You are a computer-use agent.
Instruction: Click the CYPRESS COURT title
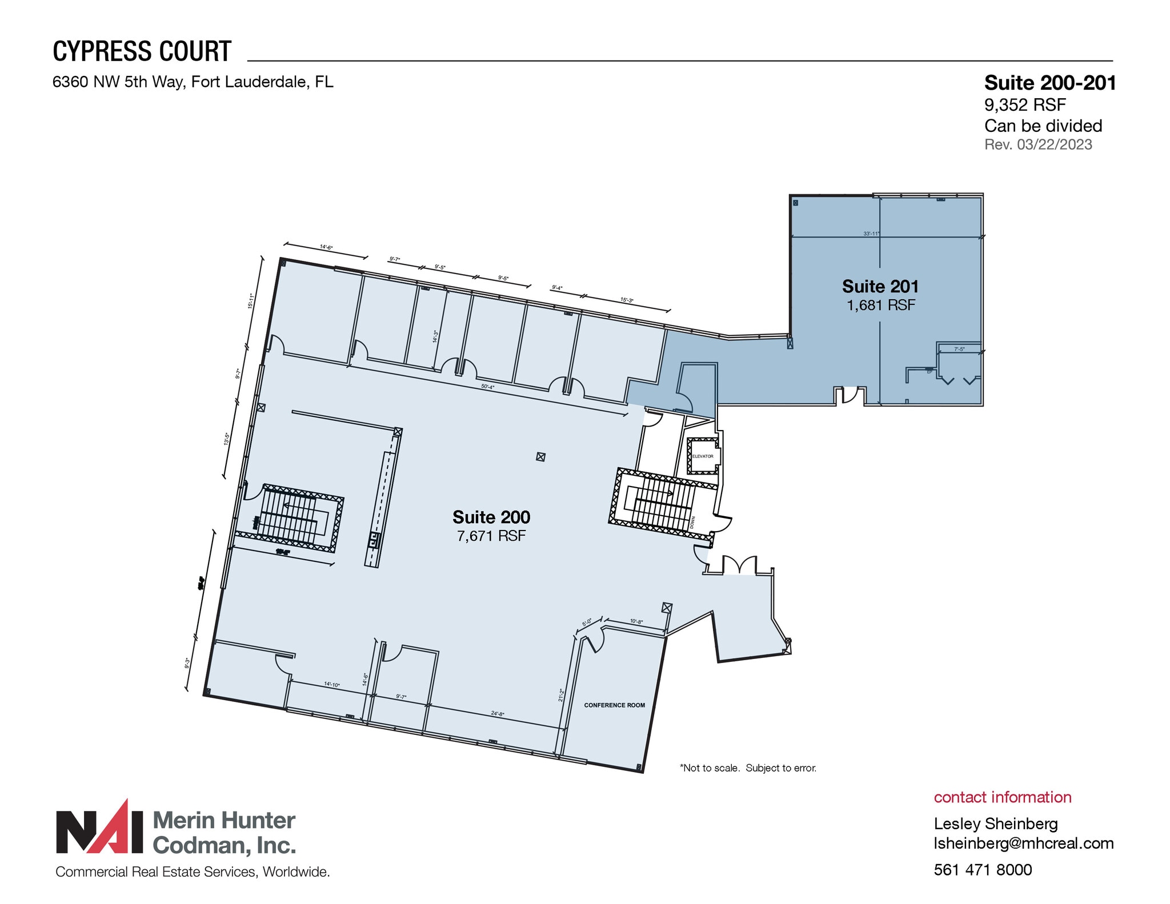coord(142,51)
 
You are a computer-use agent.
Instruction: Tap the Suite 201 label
coord(880,286)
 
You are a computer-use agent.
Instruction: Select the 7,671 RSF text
coord(491,536)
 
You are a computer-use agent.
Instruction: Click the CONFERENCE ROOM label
coord(614,705)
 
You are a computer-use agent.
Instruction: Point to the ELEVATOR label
coord(703,456)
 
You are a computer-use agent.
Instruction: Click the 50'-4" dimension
coord(487,387)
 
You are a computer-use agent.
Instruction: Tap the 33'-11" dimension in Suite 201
coord(871,234)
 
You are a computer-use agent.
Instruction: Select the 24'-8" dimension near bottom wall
coord(498,714)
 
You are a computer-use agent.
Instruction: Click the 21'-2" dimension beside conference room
coord(562,695)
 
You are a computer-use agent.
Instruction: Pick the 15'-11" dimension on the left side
coord(250,301)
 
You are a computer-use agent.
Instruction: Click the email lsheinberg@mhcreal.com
coord(1023,843)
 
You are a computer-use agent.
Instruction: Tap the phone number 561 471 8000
coord(983,870)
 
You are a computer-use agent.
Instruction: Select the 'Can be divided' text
coord(1043,126)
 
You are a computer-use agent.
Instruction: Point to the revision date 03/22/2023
coord(1054,144)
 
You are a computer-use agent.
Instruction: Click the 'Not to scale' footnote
coord(748,768)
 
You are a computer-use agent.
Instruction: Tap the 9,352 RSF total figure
coord(1025,105)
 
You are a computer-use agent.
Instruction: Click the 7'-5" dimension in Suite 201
coord(959,349)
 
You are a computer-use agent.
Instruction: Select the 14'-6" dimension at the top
coord(326,247)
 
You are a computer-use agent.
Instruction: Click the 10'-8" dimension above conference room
coord(636,621)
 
